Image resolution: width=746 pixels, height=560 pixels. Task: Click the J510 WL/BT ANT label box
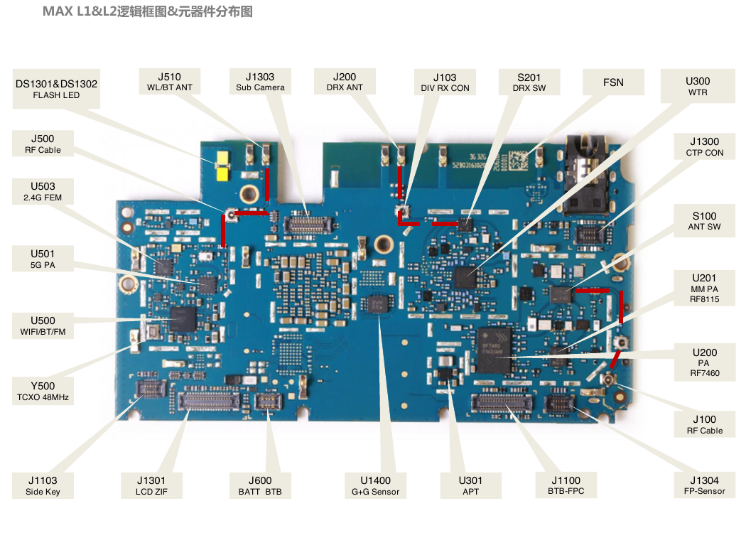(169, 81)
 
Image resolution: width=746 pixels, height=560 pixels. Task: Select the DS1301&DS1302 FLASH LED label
(56, 89)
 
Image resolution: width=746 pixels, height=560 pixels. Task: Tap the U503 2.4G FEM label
(43, 191)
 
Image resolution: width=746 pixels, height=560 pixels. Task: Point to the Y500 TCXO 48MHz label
(43, 391)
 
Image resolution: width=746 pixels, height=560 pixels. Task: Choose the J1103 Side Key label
(43, 485)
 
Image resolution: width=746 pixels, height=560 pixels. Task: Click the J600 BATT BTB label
(260, 485)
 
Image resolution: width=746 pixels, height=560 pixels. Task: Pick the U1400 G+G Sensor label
(375, 485)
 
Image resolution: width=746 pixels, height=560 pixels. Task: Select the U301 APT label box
(470, 485)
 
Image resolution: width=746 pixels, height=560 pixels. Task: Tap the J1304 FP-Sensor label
(705, 485)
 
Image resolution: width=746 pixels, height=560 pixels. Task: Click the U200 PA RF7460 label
(705, 362)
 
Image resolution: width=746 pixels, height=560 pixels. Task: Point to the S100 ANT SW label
(705, 221)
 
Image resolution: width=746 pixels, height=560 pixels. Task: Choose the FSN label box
(614, 82)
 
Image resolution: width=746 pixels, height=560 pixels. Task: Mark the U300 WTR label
(698, 86)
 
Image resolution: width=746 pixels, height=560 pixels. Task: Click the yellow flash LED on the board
(222, 166)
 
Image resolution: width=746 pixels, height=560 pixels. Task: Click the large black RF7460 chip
(494, 350)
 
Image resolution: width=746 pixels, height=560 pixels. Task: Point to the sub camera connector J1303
(308, 224)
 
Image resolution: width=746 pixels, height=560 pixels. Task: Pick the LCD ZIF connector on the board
(208, 401)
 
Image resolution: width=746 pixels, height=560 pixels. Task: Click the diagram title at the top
(148, 11)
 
